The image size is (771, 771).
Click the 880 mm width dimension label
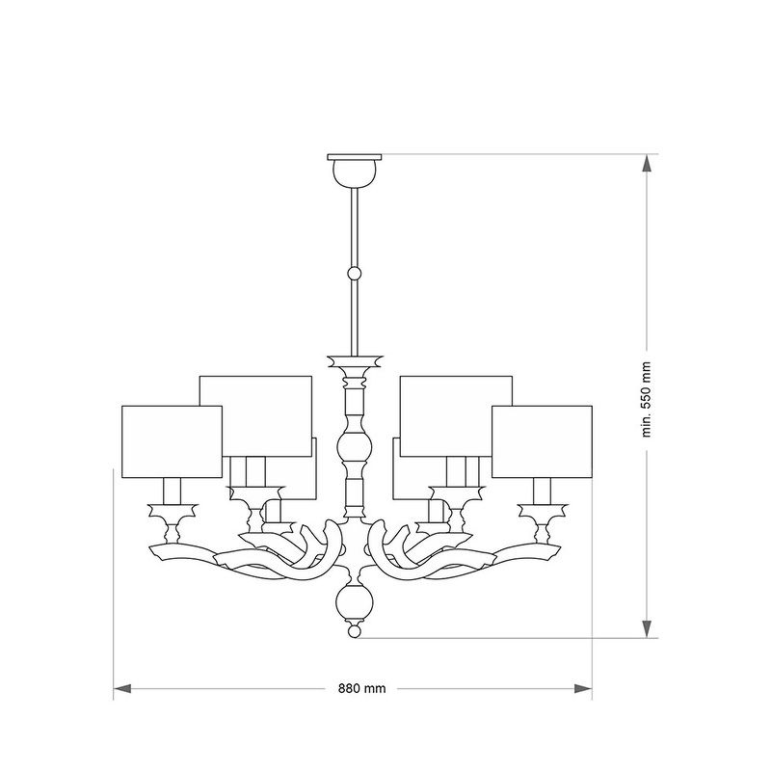pyautogui.click(x=362, y=688)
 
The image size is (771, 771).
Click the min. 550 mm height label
pyautogui.click(x=646, y=399)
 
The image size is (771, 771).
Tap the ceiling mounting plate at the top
pyautogui.click(x=355, y=157)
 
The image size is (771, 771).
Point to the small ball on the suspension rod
pyautogui.click(x=355, y=274)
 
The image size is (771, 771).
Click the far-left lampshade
pyautogui.click(x=173, y=441)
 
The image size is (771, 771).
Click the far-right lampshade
pyautogui.click(x=542, y=441)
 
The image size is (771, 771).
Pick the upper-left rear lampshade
pyautogui.click(x=255, y=416)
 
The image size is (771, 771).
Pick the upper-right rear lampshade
pyautogui.click(x=456, y=416)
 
